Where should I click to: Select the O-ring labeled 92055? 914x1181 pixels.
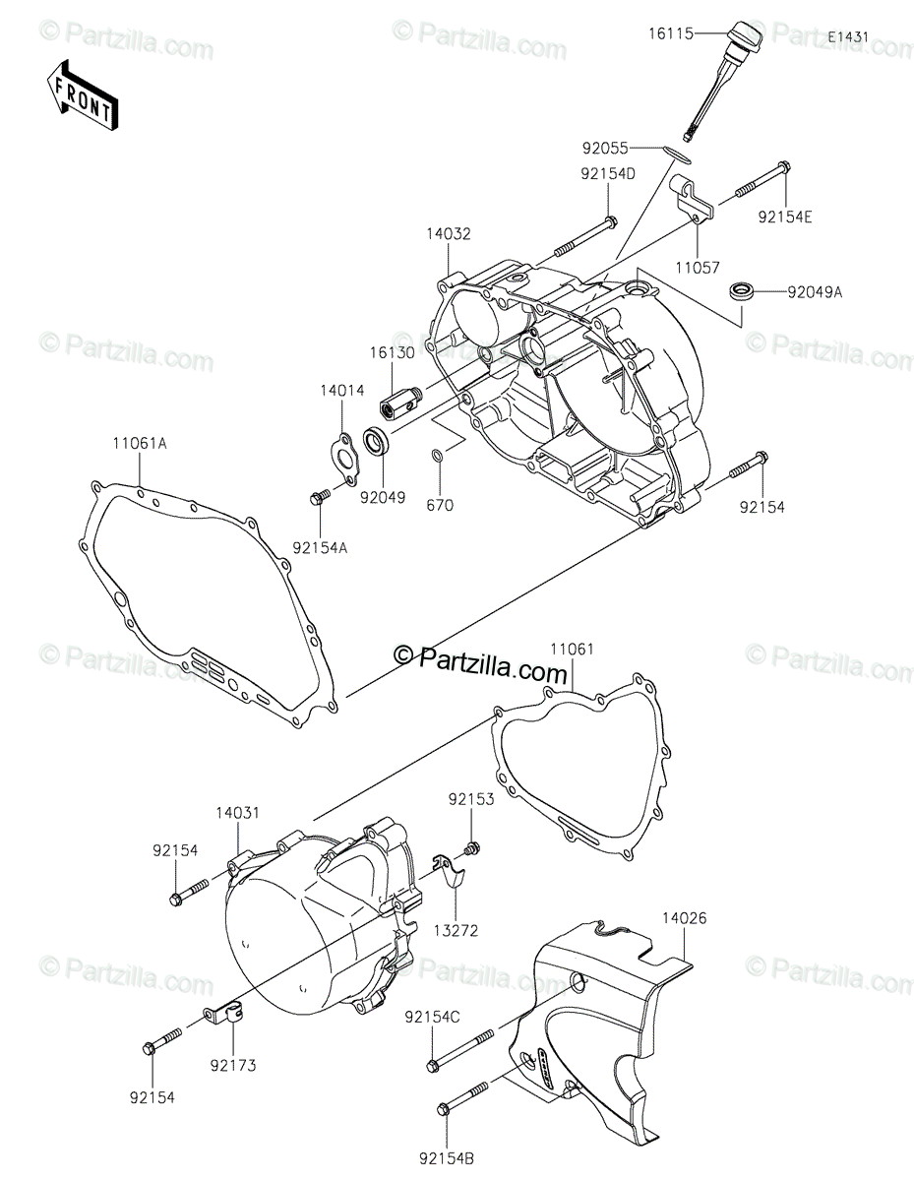coord(677,150)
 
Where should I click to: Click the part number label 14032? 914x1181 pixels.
coord(448,235)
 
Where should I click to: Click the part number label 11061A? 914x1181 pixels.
coord(139,443)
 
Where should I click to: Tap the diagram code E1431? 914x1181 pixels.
coord(847,36)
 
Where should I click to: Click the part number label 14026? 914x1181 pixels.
coord(683,918)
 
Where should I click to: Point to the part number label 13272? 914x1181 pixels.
coord(456,928)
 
